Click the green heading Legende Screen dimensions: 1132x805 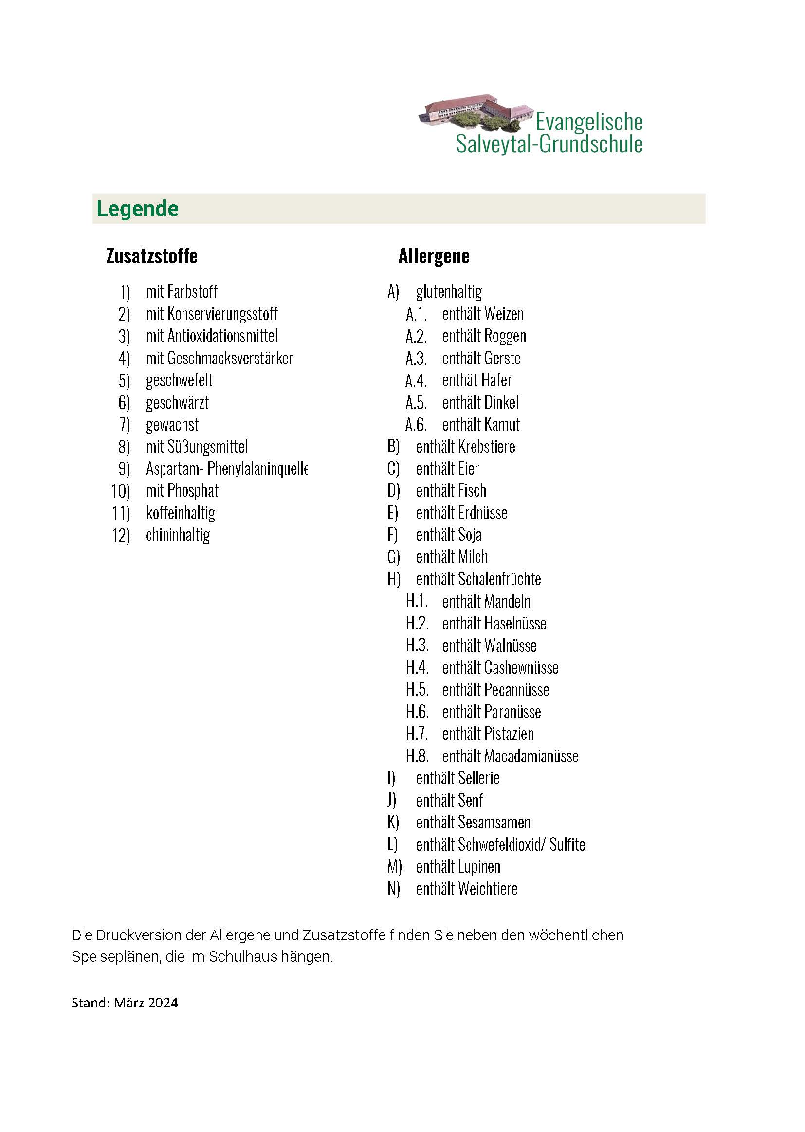(x=137, y=209)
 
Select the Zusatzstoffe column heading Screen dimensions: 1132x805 (x=152, y=256)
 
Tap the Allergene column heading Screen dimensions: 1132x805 (x=434, y=256)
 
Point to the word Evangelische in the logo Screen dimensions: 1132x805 (x=589, y=122)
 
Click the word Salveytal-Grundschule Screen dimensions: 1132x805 (x=549, y=144)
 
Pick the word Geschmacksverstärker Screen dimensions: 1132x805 (x=230, y=358)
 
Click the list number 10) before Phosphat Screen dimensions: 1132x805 (x=120, y=491)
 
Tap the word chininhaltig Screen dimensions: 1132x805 (x=178, y=535)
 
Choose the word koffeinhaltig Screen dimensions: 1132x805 (x=181, y=513)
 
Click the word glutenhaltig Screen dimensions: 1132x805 (x=449, y=292)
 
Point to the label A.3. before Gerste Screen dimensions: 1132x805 (x=416, y=358)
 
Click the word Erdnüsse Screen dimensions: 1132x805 (x=482, y=513)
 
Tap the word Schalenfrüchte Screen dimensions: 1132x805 (x=499, y=579)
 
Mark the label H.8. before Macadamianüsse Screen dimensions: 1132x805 (x=417, y=756)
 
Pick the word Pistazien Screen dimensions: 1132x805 (x=509, y=734)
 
